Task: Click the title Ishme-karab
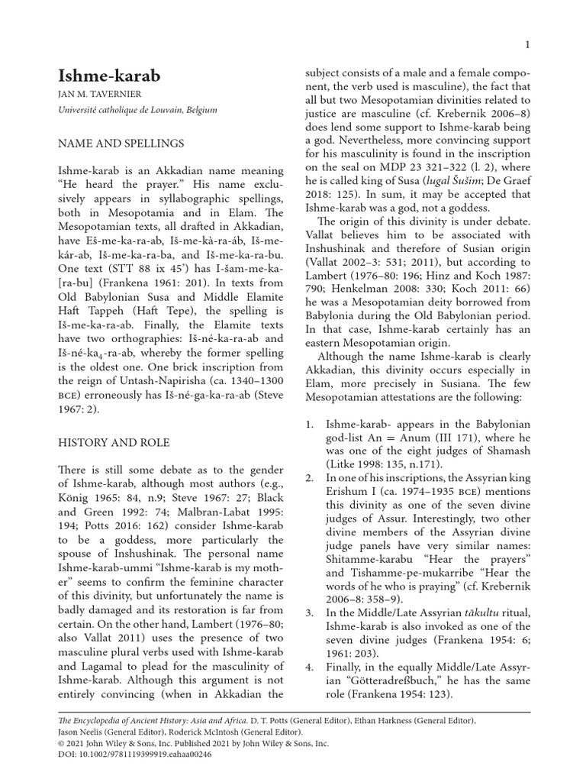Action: coord(110,76)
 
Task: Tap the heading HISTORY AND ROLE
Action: coord(114,442)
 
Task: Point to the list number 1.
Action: coord(309,424)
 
